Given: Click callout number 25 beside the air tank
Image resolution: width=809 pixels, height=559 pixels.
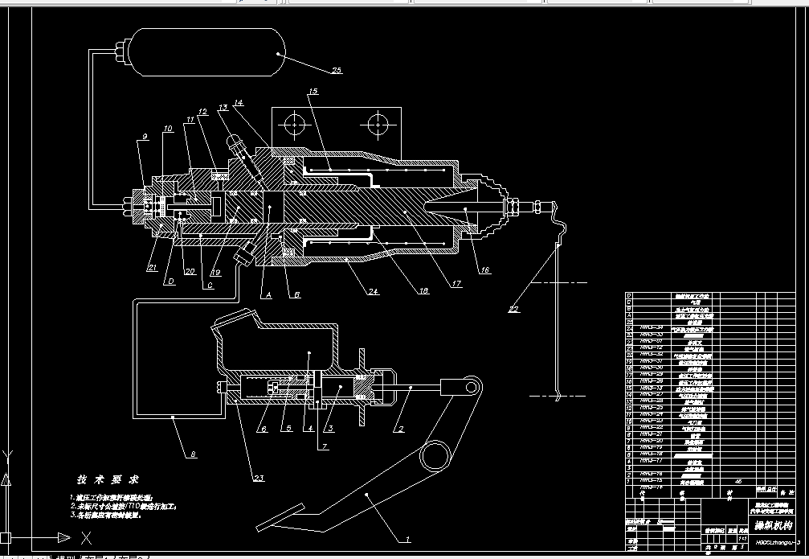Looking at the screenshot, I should tap(336, 71).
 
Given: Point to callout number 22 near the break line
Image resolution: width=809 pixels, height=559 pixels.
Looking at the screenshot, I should tap(513, 308).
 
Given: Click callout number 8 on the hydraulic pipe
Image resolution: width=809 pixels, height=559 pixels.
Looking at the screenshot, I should tap(192, 454).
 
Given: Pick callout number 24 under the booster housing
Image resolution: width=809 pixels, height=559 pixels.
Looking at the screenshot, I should tap(373, 292).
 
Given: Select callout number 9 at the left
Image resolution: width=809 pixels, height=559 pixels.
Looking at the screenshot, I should tap(145, 137).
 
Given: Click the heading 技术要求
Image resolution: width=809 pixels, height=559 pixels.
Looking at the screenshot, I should tap(108, 478).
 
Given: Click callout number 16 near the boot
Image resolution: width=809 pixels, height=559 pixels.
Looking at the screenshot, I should tap(484, 271).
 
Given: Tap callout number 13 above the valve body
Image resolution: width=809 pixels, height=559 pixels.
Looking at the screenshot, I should tap(222, 107).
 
